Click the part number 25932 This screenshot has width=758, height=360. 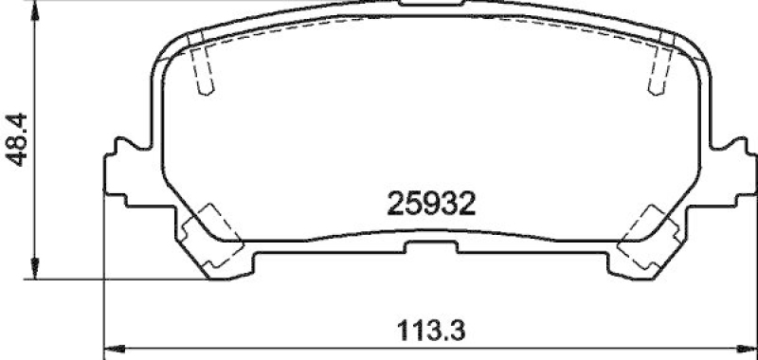click(x=429, y=202)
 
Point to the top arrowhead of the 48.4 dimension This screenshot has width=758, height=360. click(x=34, y=9)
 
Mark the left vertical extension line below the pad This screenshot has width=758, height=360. click(x=102, y=284)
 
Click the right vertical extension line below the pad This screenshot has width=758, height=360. click(x=754, y=284)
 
